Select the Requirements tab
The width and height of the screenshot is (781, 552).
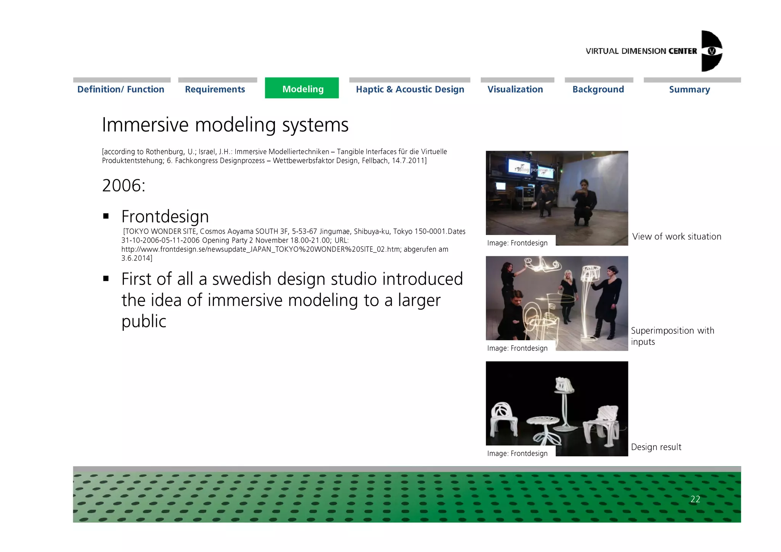pos(215,89)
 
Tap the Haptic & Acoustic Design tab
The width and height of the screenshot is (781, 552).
pos(410,89)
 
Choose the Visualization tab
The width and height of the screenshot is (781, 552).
pos(515,89)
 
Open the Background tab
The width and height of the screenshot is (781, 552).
pos(598,89)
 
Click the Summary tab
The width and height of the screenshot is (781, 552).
pos(689,90)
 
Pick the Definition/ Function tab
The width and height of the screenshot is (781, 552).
pos(121,89)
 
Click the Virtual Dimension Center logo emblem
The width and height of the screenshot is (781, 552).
pos(711,51)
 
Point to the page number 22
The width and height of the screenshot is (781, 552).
pos(695,499)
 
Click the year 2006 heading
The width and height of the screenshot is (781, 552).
pos(124,186)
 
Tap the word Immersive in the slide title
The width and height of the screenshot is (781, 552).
pos(145,125)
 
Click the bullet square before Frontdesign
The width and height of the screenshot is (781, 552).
pos(106,217)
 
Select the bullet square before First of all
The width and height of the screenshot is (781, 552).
pos(106,279)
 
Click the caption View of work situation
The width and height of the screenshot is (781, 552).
pos(677,237)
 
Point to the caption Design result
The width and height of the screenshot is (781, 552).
pos(656,447)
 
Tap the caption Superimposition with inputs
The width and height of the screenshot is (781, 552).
pos(672,336)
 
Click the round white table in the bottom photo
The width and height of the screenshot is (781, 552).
pos(543,422)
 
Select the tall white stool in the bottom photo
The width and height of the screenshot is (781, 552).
pos(564,397)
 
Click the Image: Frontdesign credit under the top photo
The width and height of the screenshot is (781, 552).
pos(517,243)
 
